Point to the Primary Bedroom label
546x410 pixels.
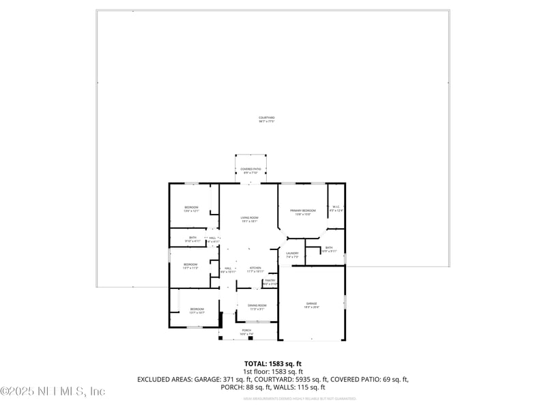302,212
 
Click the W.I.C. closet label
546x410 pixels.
336,208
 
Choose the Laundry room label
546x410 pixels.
292,254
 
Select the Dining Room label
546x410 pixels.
257,306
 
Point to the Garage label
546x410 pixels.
311,305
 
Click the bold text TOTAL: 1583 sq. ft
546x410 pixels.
273,364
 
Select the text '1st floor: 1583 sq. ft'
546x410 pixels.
273,371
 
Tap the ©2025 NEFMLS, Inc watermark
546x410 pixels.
53,392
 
